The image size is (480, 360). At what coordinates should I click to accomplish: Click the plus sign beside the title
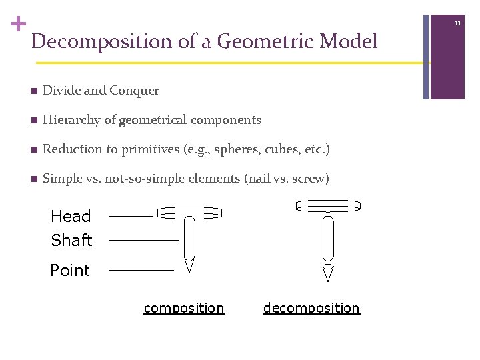[x=18, y=25]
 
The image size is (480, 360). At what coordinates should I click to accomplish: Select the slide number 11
[x=458, y=23]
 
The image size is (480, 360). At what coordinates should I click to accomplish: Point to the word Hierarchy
[x=69, y=120]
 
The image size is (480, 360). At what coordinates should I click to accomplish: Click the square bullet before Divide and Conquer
[x=34, y=91]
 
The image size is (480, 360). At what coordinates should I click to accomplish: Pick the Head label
[x=71, y=216]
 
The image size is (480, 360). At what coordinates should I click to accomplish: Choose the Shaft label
[x=71, y=240]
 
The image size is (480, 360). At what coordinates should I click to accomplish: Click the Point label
[x=70, y=270]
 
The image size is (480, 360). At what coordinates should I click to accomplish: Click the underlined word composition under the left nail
[x=184, y=308]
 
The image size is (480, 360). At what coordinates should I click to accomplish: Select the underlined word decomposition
[x=311, y=308]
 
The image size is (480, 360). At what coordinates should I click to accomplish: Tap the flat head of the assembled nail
[x=189, y=213]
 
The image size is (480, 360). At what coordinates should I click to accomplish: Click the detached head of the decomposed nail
[x=328, y=206]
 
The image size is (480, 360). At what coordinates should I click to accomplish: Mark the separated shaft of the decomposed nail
[x=328, y=238]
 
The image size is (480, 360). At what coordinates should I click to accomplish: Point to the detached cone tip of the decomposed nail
[x=327, y=272]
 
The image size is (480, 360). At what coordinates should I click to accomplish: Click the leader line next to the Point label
[x=141, y=270]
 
